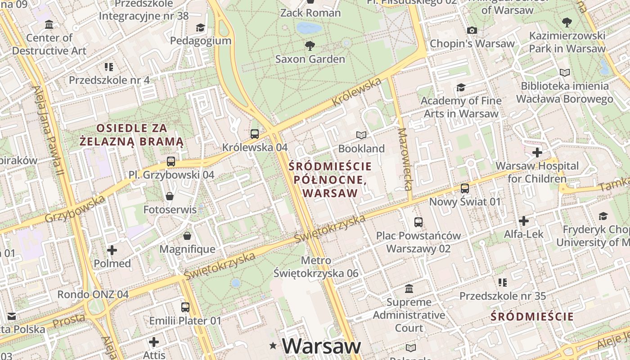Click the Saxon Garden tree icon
310,45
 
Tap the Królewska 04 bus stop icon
255,134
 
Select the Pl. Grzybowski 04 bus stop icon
171,161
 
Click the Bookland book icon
361,135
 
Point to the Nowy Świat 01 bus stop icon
465,188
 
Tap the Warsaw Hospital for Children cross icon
537,153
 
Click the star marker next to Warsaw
273,346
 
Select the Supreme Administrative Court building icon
409,288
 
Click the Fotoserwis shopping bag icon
170,196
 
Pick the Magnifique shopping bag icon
187,236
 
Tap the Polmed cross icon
112,250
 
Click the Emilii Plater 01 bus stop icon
185,307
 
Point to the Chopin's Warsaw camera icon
472,31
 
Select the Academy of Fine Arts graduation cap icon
461,87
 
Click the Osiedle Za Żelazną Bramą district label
131,135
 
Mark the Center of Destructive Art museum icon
49,24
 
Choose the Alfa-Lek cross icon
523,221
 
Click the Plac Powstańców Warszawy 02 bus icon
418,222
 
